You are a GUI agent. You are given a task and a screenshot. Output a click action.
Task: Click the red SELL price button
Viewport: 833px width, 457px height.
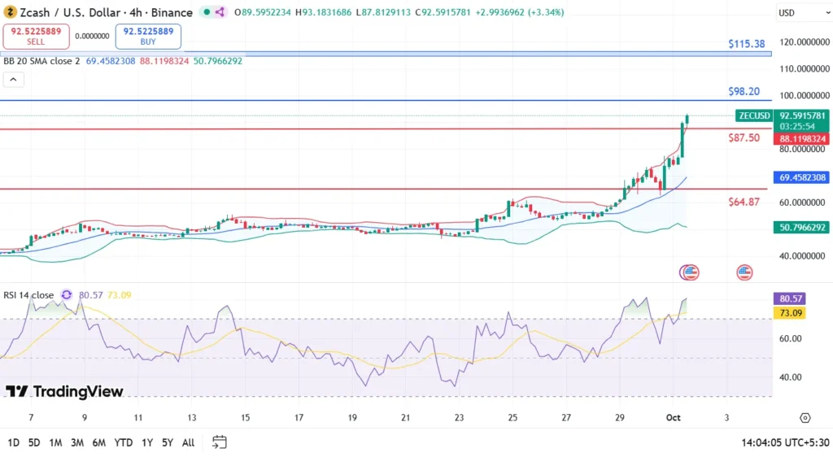pyautogui.click(x=36, y=36)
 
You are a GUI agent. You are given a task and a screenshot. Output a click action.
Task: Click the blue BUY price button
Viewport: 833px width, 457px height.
pyautogui.click(x=148, y=36)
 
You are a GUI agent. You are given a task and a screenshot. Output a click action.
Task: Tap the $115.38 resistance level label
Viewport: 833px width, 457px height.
pyautogui.click(x=747, y=44)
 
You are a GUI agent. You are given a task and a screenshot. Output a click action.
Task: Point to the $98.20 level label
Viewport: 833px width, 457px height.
pyautogui.click(x=744, y=92)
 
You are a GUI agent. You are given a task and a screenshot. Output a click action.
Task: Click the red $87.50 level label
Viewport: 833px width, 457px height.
pyautogui.click(x=744, y=138)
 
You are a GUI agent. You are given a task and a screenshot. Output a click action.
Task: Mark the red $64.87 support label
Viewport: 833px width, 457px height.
pyautogui.click(x=744, y=202)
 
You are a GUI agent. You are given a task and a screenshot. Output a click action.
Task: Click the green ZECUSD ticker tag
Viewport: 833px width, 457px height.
pyautogui.click(x=753, y=115)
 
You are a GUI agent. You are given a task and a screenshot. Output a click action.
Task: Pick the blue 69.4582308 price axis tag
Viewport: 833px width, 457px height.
pyautogui.click(x=801, y=177)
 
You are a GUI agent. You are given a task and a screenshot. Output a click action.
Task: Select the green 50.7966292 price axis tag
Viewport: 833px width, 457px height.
pyautogui.click(x=801, y=228)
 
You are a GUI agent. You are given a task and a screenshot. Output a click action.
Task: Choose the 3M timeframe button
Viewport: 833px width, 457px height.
pyautogui.click(x=77, y=442)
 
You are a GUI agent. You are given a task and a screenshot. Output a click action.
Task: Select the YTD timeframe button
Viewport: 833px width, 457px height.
pyautogui.click(x=124, y=442)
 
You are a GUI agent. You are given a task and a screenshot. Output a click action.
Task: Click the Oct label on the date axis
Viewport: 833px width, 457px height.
pyautogui.click(x=672, y=418)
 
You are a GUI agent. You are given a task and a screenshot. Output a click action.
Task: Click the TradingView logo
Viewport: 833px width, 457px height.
pyautogui.click(x=64, y=392)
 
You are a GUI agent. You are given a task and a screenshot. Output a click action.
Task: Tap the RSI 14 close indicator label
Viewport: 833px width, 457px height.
pyautogui.click(x=28, y=295)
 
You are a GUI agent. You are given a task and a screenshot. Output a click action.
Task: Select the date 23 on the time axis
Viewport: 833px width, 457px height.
pyautogui.click(x=459, y=418)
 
